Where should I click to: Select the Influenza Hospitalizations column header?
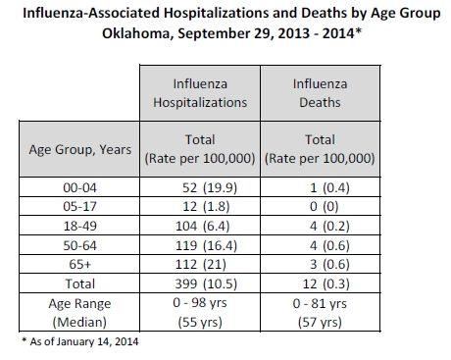pos(200,93)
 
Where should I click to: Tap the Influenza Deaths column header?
pos(321,93)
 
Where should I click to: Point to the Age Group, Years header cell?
pos(79,149)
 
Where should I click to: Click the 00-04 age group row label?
pos(79,187)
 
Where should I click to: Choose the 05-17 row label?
pos(79,207)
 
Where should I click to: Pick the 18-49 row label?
pos(79,226)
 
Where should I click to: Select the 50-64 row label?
pos(79,245)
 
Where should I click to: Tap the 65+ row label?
pos(79,264)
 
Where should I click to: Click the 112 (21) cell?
pos(201,264)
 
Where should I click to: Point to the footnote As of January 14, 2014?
pos(80,341)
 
